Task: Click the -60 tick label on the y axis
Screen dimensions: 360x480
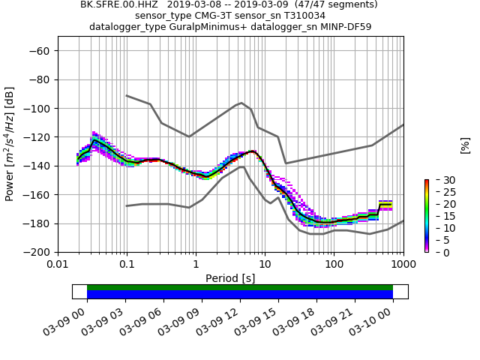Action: pyautogui.click(x=40, y=51)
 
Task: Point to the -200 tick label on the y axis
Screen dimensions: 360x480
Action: pyautogui.click(x=37, y=252)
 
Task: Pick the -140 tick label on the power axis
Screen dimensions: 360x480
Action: pyautogui.click(x=37, y=166)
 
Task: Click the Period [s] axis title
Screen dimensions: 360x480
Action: pyautogui.click(x=230, y=278)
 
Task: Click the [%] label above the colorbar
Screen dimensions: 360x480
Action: pyautogui.click(x=465, y=145)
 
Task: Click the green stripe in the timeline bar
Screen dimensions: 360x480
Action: pyautogui.click(x=240, y=287)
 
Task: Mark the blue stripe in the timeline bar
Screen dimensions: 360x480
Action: pyautogui.click(x=240, y=295)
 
